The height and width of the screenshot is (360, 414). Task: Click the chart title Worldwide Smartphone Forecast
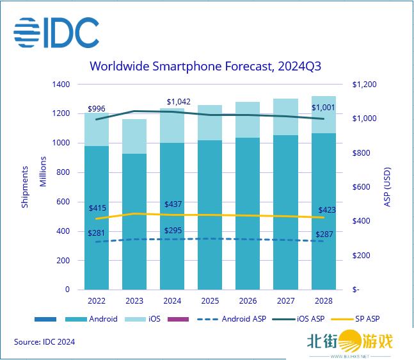click(x=205, y=66)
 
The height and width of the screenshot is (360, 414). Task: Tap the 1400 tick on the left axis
click(x=61, y=85)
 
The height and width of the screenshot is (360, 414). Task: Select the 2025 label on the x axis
click(x=209, y=302)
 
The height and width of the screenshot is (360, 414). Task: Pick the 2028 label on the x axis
click(x=323, y=302)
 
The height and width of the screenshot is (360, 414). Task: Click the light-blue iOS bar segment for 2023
click(x=134, y=136)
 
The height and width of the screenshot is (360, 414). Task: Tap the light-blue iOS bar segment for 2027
click(x=285, y=117)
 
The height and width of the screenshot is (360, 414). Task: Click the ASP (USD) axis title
click(x=388, y=187)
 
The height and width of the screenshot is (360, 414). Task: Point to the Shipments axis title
click(x=25, y=186)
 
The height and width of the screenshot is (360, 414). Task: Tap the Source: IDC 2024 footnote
click(x=45, y=342)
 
